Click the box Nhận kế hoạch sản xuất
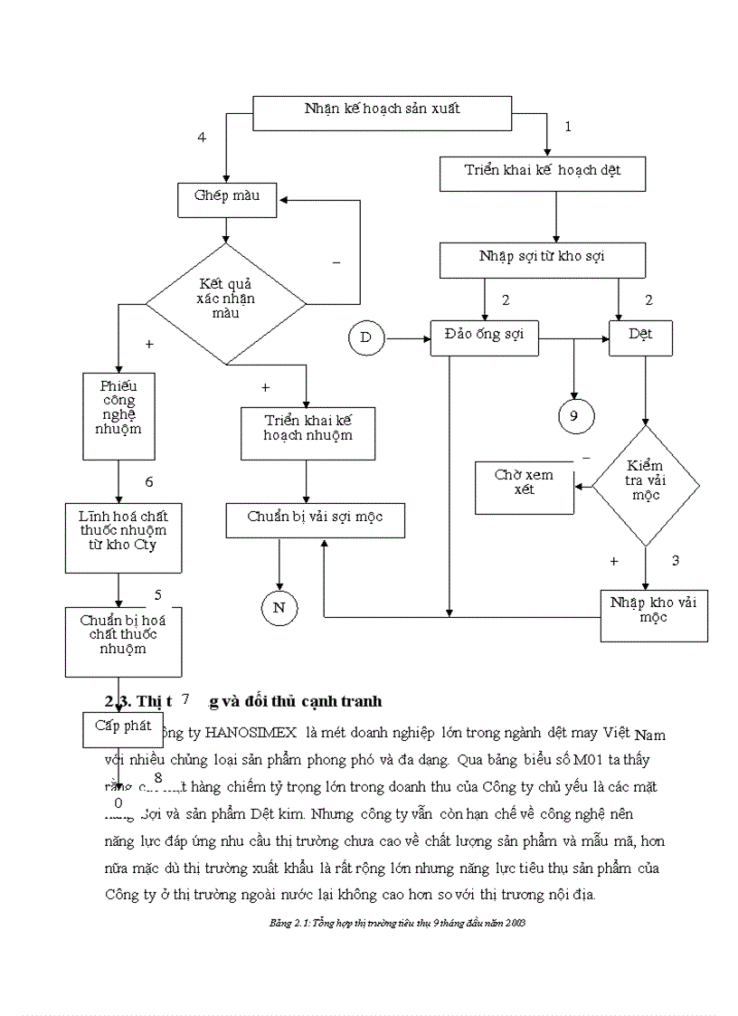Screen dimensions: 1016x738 click(x=382, y=109)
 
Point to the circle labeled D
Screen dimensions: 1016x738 click(x=365, y=338)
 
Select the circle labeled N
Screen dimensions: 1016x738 click(x=279, y=608)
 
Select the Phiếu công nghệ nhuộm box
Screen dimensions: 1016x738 click(x=118, y=416)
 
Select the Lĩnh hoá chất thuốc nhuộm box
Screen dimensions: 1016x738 click(x=123, y=536)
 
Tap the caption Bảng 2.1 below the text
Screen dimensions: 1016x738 click(x=398, y=924)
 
